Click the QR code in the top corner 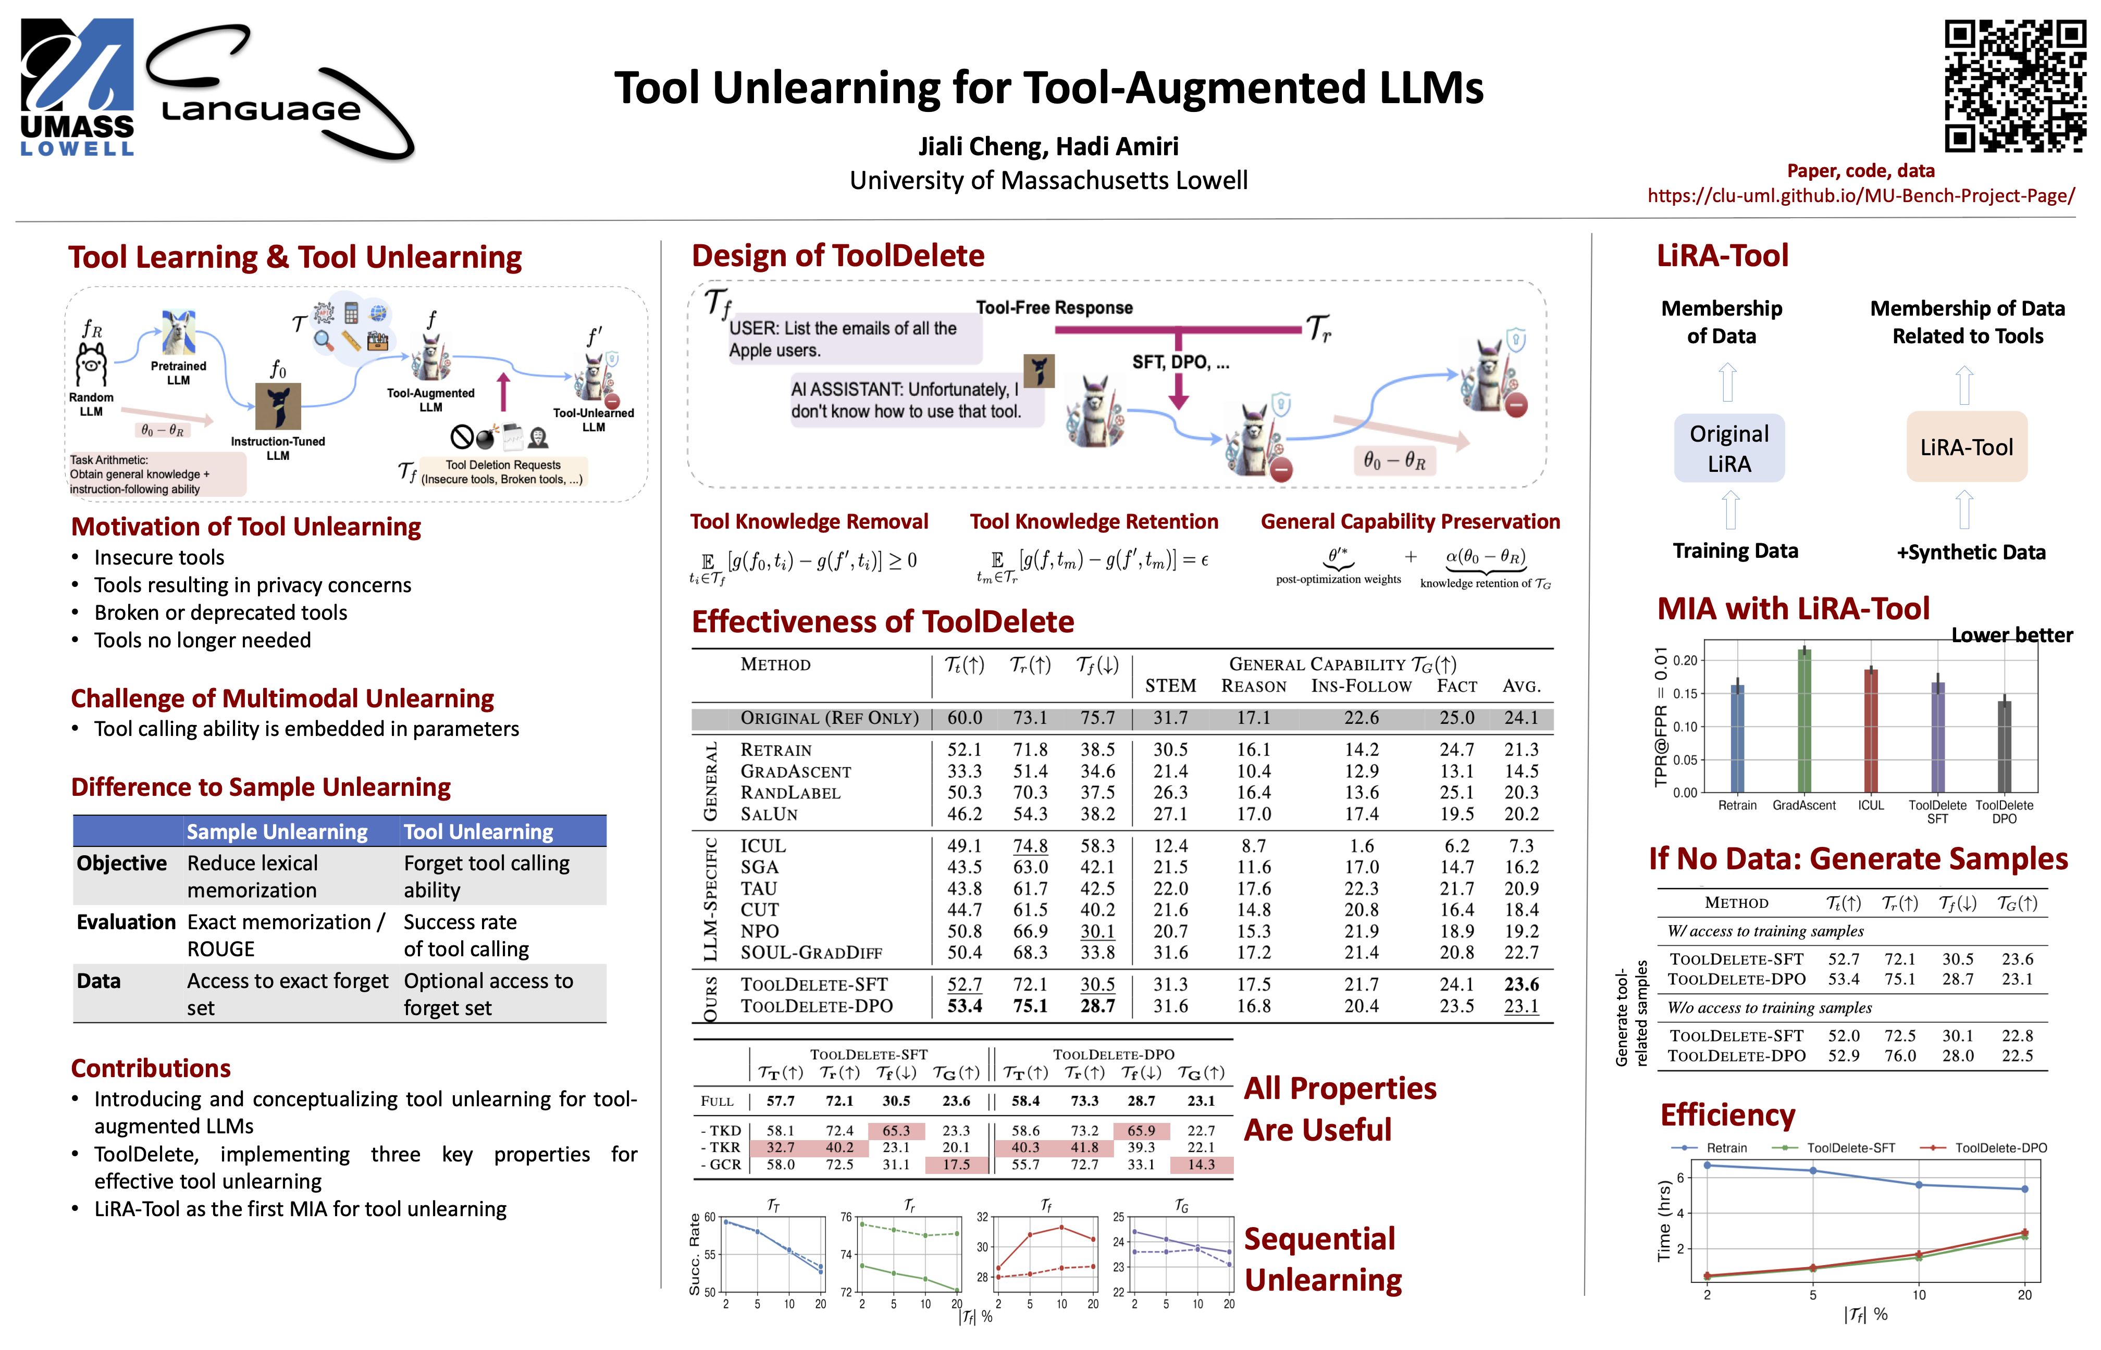point(2013,86)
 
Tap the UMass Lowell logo point(77,87)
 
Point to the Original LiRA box point(1728,448)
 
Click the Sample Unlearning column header point(277,831)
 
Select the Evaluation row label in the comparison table point(126,922)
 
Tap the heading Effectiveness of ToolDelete point(882,621)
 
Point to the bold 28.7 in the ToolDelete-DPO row point(1097,1006)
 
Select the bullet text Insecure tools point(159,557)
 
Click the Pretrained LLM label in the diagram point(178,372)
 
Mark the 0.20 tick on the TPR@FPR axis point(1685,660)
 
